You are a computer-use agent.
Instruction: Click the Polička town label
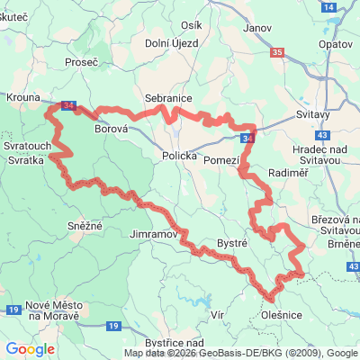pyautogui.click(x=179, y=156)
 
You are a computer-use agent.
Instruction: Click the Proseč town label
pyautogui.click(x=81, y=62)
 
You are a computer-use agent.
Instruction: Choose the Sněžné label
pyautogui.click(x=85, y=225)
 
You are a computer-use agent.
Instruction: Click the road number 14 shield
pyautogui.click(x=330, y=6)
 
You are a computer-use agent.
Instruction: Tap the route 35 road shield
pyautogui.click(x=276, y=53)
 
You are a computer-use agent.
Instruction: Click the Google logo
pyautogui.click(x=30, y=349)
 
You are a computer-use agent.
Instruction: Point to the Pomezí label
pyautogui.click(x=221, y=159)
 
